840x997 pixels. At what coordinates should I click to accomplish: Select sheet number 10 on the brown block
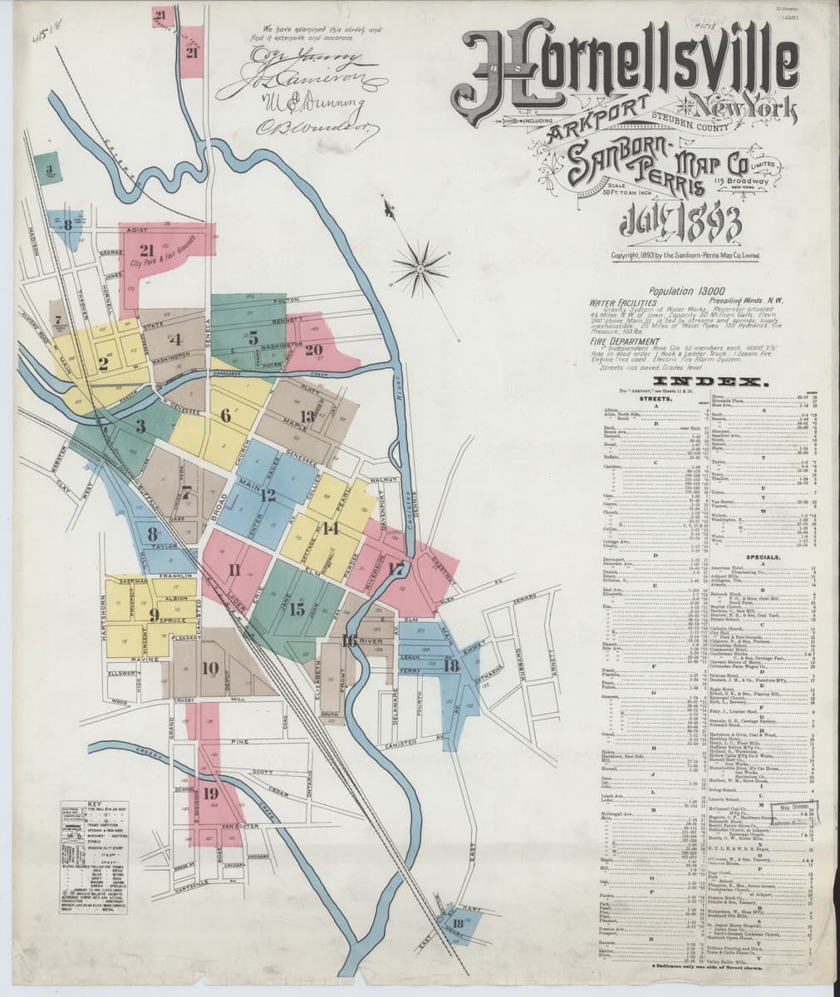pos(209,668)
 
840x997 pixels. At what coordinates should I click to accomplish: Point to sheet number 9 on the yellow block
pos(154,615)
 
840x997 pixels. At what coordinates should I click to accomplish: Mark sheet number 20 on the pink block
pos(312,350)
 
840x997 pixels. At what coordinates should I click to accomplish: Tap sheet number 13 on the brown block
pos(308,416)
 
